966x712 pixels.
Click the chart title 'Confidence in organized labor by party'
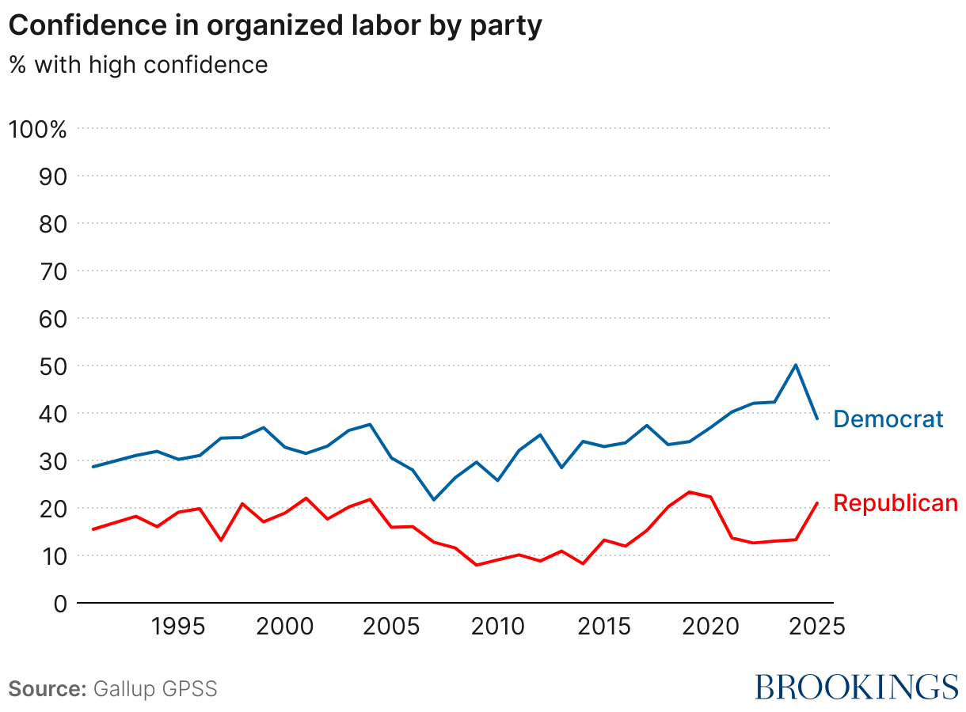[275, 25]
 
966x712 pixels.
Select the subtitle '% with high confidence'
[139, 64]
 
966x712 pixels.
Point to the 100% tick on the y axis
[37, 129]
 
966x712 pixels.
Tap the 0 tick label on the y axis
[59, 604]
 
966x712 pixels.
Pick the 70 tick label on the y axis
[51, 271]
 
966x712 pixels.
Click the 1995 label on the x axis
[178, 627]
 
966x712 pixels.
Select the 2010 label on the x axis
[497, 627]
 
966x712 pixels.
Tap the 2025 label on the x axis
[817, 627]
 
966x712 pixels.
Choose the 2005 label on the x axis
[391, 627]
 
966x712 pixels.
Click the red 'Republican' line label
[896, 503]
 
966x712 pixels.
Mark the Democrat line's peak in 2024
[795, 365]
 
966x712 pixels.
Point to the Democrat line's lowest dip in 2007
[434, 500]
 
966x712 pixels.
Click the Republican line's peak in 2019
[689, 492]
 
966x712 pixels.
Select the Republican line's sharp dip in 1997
[221, 540]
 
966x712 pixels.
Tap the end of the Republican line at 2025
[817, 503]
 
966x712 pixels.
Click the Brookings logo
[856, 687]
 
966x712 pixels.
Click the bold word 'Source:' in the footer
[48, 688]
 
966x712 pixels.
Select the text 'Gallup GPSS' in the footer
[155, 688]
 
